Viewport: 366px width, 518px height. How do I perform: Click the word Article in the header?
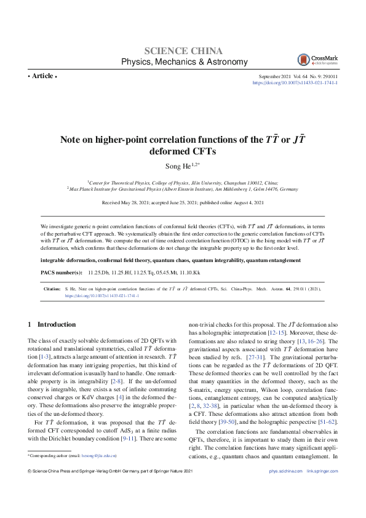(42, 76)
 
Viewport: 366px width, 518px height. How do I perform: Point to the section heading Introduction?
(57, 324)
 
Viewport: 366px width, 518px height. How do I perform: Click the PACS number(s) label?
(62, 272)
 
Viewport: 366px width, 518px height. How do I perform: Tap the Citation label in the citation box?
(52, 288)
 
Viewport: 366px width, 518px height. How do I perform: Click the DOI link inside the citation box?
(101, 295)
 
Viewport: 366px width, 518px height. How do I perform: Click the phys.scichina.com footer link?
(285, 488)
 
